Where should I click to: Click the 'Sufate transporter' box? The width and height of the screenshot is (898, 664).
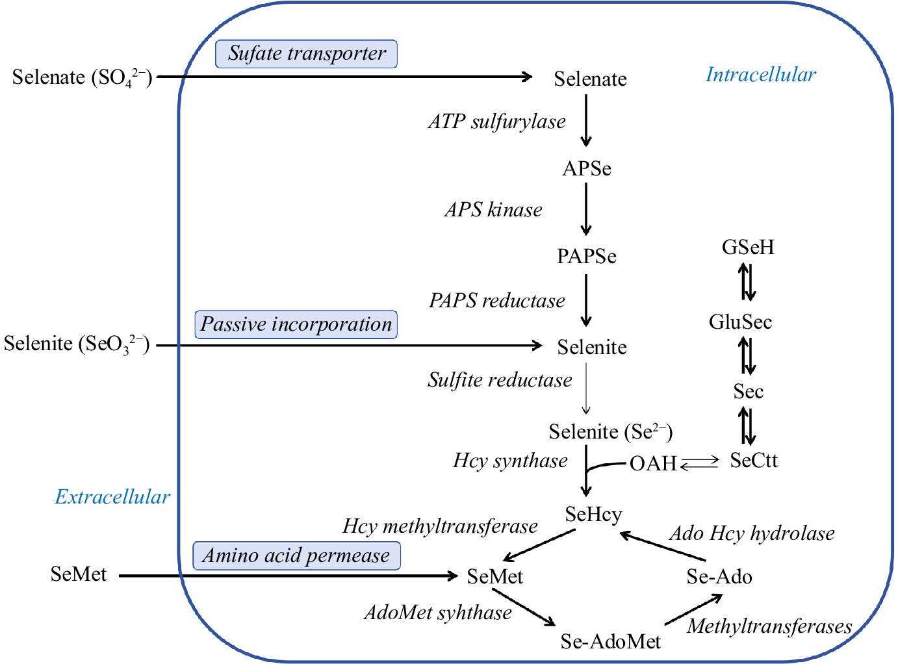tap(306, 53)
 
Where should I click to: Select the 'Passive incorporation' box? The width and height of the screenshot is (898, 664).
tap(296, 324)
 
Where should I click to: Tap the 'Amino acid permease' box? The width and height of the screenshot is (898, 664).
tap(296, 555)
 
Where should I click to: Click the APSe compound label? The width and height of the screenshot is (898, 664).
tap(587, 169)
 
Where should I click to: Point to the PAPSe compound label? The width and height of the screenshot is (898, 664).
tap(586, 257)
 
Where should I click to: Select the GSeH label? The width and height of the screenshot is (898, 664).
tap(748, 248)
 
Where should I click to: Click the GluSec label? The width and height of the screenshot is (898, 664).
tap(740, 322)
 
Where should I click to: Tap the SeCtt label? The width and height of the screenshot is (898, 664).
tap(753, 461)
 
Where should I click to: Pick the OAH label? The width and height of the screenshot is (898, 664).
tap(653, 464)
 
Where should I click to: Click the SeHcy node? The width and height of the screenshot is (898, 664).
tap(593, 515)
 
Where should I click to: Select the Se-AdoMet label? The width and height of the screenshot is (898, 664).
tap(610, 642)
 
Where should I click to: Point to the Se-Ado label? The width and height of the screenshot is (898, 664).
tap(719, 577)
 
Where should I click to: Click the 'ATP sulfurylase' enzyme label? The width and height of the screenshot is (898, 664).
tap(496, 121)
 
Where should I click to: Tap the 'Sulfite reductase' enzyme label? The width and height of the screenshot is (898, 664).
tap(500, 380)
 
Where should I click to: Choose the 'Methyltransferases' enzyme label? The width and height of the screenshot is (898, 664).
tap(769, 626)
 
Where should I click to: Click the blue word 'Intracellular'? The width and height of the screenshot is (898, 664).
tap(760, 75)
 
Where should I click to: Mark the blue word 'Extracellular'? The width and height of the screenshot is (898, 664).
tap(112, 497)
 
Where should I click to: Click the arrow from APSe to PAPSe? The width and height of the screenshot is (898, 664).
tap(586, 209)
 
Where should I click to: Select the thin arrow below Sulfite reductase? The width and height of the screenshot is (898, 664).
tap(586, 389)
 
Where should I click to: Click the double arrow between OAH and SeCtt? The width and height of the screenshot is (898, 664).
tap(700, 463)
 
